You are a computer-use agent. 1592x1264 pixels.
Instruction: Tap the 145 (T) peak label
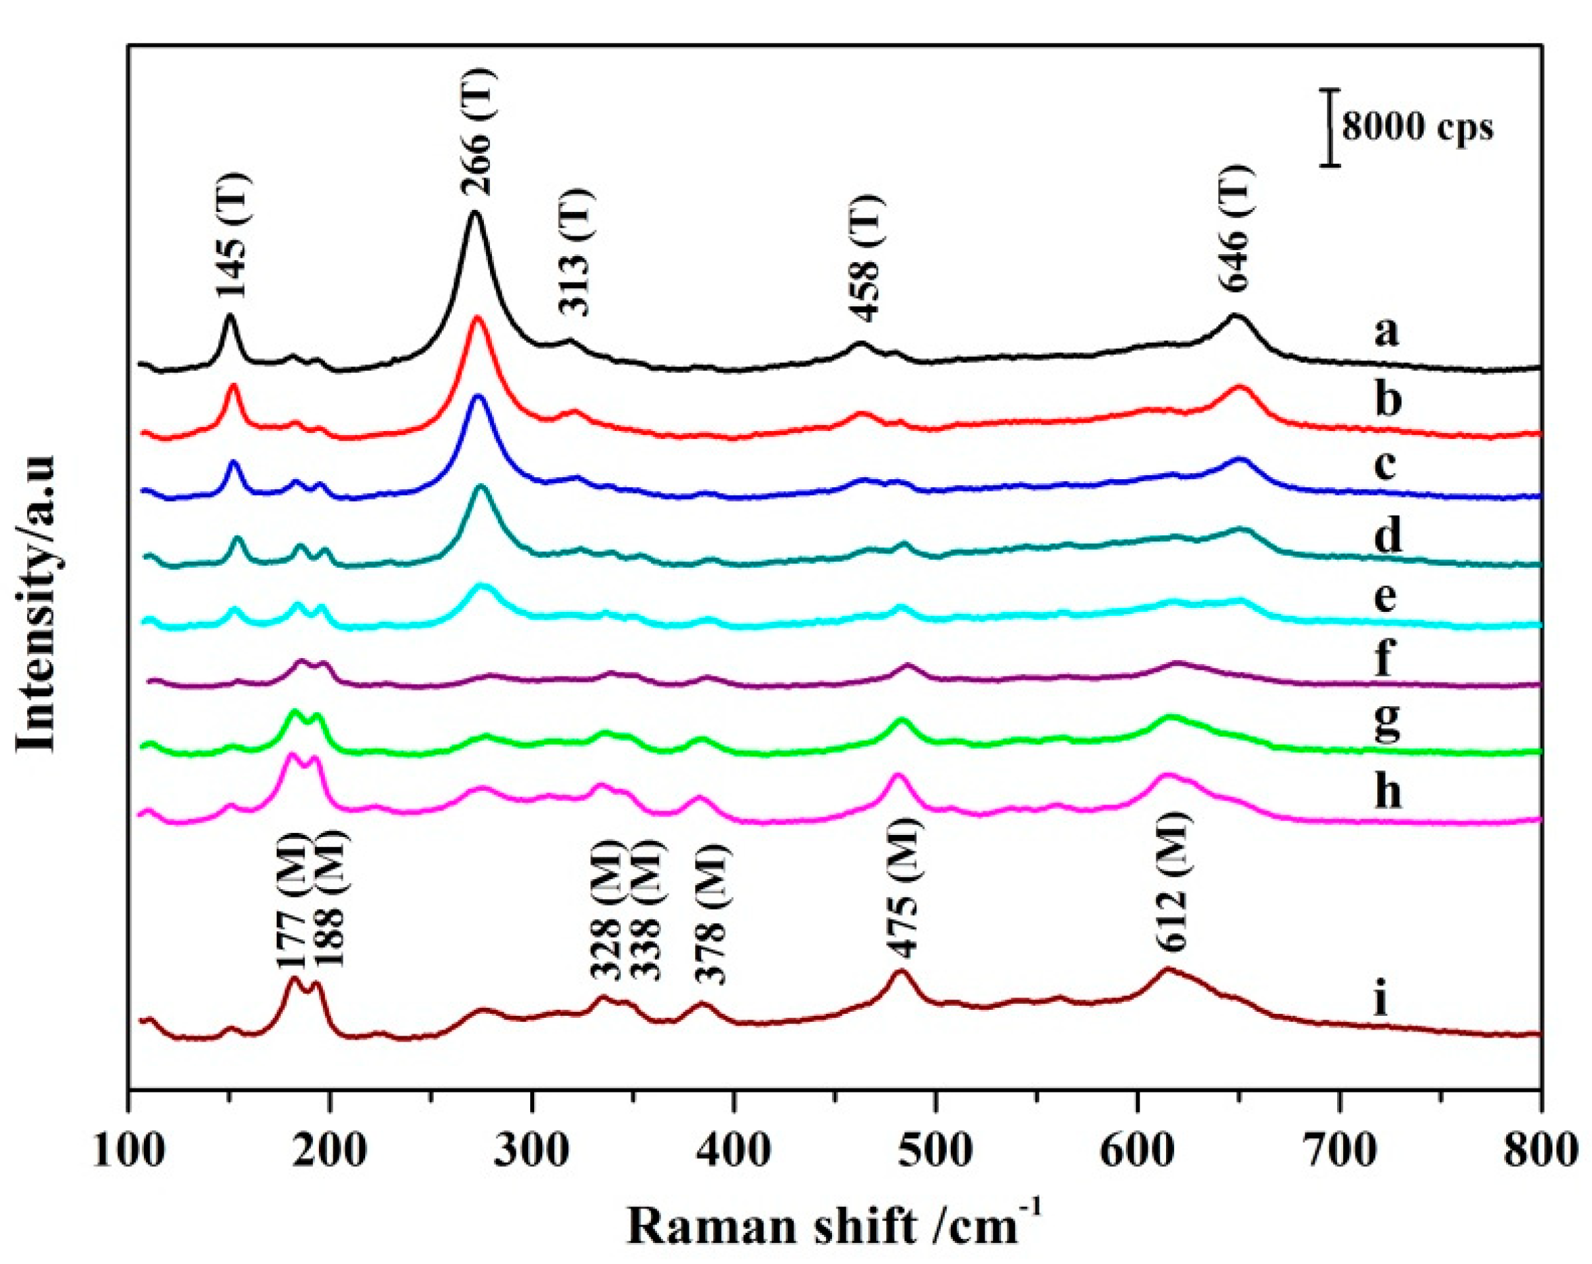pos(234,235)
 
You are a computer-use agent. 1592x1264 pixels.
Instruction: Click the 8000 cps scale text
pos(1417,127)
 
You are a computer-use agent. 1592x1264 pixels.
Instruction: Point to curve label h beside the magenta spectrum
pos(1387,793)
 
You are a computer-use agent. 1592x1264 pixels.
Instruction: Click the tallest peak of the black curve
pos(475,213)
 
